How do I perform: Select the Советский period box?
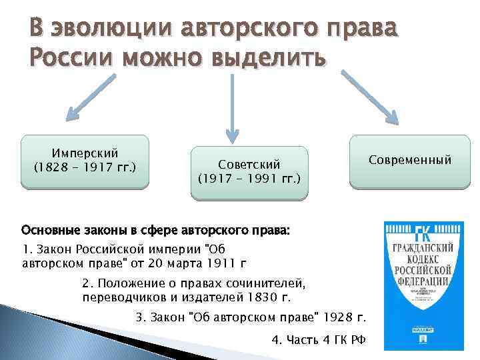coord(249,173)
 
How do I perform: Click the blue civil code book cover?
coord(422,286)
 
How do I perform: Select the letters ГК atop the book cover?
coord(422,233)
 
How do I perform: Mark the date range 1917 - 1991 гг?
coord(249,179)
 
